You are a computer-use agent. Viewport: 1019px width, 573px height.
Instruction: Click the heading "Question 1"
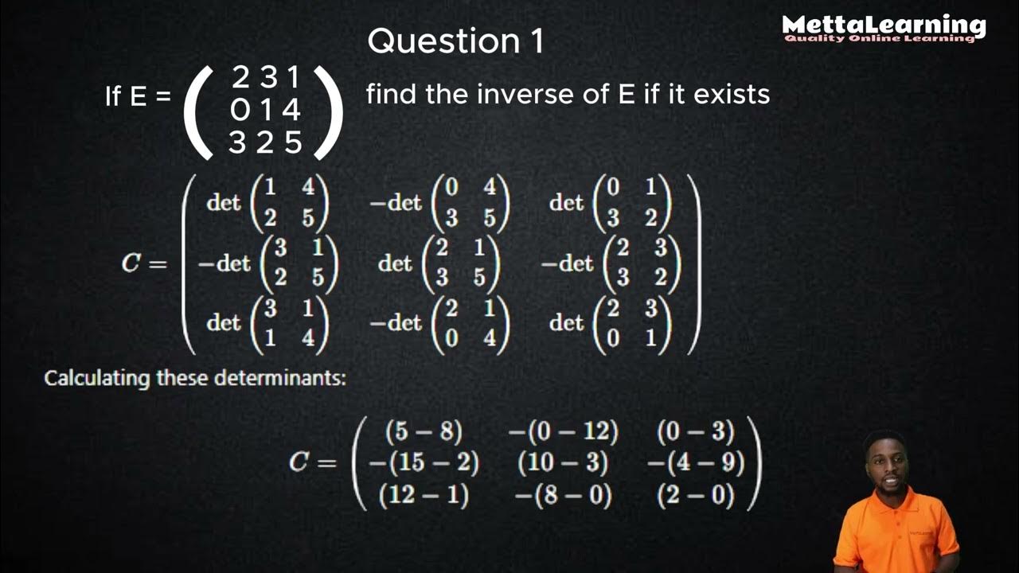(455, 41)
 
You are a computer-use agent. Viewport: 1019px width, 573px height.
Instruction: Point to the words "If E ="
(138, 97)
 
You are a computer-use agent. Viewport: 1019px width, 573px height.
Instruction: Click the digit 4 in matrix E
(291, 110)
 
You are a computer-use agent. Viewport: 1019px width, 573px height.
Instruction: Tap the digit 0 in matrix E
(240, 110)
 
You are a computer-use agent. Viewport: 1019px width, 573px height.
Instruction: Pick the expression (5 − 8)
(423, 431)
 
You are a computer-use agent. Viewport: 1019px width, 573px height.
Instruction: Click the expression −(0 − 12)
(563, 431)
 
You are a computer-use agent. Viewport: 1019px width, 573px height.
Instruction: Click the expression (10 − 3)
(562, 463)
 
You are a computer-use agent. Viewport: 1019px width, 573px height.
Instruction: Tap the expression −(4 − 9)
(695, 463)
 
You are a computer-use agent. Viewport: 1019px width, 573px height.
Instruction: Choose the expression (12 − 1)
(424, 496)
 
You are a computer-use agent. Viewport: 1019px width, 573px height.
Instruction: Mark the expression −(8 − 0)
(563, 496)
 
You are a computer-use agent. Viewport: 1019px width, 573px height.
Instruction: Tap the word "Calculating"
(97, 378)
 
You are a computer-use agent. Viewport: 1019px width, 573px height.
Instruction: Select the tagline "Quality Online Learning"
(879, 38)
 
